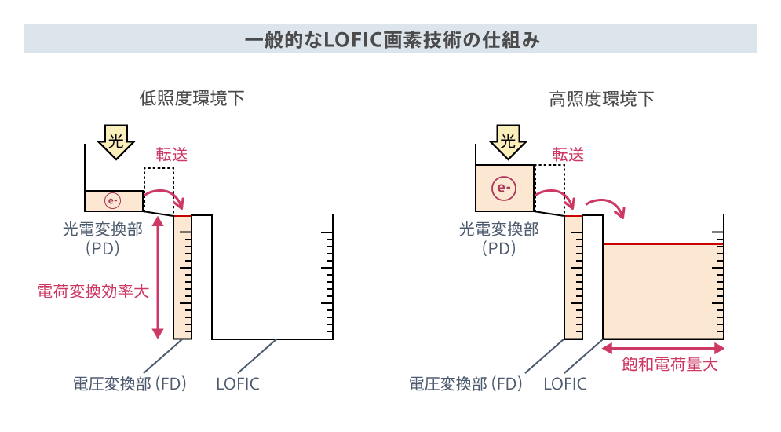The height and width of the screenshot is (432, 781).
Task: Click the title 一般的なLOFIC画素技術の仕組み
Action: point(392,39)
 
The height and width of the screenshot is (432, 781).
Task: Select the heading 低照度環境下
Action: point(192,98)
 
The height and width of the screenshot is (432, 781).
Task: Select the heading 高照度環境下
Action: point(602,99)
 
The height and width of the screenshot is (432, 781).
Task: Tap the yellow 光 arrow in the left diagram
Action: point(116,141)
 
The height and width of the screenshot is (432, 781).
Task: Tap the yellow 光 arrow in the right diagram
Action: point(508,141)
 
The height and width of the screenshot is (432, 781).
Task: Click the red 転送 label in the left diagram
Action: point(172,155)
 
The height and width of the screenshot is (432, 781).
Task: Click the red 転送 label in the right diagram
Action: point(568,155)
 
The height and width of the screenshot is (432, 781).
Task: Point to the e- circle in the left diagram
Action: point(112,201)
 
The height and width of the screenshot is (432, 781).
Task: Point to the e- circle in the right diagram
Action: point(504,189)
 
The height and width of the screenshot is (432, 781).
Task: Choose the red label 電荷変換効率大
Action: point(93,291)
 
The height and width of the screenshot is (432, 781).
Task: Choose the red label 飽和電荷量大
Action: point(670,364)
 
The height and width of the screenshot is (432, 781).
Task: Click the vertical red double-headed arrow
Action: point(158,277)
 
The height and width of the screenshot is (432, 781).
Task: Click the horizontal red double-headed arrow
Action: point(663,348)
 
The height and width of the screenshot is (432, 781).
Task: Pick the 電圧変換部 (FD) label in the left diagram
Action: point(130,383)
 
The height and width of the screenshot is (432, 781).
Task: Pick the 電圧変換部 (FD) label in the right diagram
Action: point(465,383)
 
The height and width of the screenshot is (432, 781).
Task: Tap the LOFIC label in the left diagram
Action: point(238,384)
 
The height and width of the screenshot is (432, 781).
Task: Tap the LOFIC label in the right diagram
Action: point(565,384)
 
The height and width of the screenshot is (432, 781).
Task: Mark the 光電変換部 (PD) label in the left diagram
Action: point(103,239)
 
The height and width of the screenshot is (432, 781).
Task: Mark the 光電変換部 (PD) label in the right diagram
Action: point(498,239)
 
